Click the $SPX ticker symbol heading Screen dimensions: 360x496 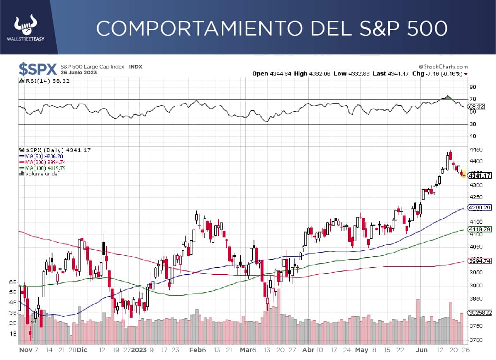point(38,69)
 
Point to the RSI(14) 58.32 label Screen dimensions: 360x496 point(45,81)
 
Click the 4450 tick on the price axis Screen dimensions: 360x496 point(476,149)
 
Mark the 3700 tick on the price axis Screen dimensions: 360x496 point(476,340)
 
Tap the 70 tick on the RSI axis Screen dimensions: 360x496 point(472,99)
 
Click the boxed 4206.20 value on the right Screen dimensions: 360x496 point(479,208)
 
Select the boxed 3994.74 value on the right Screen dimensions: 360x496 point(479,261)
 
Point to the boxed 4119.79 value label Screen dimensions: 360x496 point(479,229)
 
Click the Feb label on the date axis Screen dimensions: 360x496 point(194,350)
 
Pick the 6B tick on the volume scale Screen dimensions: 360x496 point(12,282)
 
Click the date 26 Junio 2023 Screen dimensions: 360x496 point(79,73)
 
